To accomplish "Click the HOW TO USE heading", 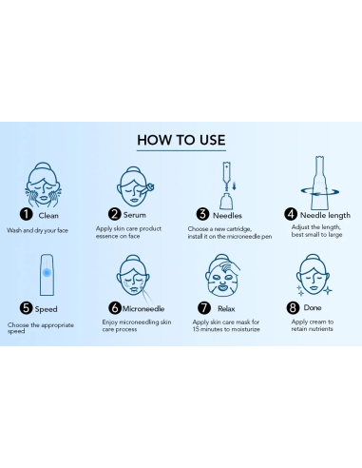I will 181,140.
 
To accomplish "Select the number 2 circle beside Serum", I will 114,215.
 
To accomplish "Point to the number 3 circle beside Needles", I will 201,215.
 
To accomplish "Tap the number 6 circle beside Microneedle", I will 114,308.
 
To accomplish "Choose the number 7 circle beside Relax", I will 202,308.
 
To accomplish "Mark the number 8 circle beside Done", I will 293,308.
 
